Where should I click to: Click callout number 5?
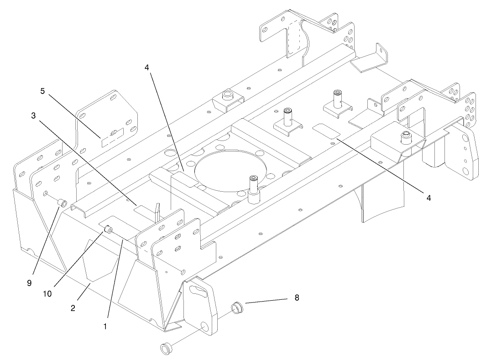[x=42, y=91]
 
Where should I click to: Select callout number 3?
[x=33, y=116]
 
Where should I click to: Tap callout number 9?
[x=29, y=283]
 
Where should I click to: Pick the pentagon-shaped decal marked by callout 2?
[x=98, y=265]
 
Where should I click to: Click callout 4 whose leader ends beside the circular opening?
[x=146, y=68]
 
